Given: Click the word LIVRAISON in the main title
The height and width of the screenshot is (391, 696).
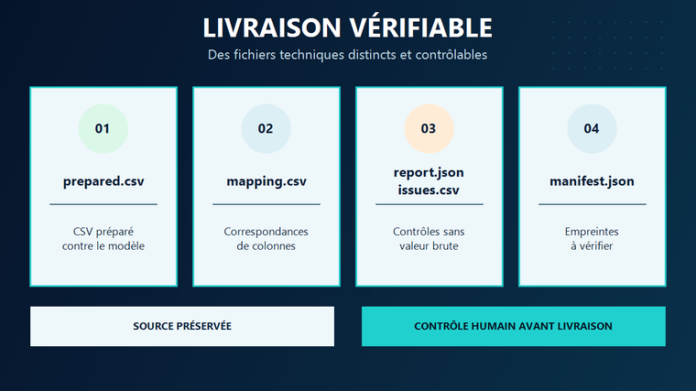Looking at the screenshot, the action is (272, 28).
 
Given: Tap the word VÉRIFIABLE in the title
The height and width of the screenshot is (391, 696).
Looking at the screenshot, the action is (420, 27).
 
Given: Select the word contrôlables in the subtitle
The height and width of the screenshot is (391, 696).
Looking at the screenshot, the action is (451, 55).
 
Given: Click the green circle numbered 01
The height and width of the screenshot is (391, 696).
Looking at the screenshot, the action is (103, 129).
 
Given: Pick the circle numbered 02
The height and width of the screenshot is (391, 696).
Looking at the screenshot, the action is (266, 129).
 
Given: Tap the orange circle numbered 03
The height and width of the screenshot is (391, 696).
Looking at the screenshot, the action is (429, 129).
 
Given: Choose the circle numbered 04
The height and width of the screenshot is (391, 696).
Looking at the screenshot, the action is (592, 129).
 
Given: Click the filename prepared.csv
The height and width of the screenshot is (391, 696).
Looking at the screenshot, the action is (103, 181).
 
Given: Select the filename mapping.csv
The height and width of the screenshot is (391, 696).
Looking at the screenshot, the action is (266, 181).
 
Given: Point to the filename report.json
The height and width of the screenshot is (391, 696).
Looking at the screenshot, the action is (429, 173).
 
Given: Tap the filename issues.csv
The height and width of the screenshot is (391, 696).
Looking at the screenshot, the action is (429, 190).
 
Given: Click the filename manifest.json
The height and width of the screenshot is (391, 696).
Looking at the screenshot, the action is (592, 181).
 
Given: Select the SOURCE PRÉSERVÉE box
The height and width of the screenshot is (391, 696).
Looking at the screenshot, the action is (182, 326).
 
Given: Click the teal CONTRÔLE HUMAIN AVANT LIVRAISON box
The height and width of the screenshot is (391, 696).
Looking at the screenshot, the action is (514, 326).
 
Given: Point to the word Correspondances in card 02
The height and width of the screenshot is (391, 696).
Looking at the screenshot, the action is (266, 232).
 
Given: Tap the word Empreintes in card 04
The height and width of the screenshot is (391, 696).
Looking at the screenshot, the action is (592, 232).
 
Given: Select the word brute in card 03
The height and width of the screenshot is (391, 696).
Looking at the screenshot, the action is (444, 246).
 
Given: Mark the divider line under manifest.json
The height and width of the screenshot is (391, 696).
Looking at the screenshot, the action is (593, 204).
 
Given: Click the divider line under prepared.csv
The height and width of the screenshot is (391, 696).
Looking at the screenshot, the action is (103, 204).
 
